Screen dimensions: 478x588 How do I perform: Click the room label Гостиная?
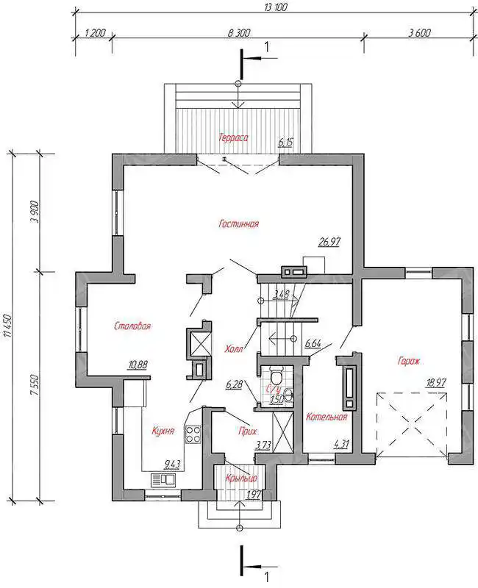point(238,224)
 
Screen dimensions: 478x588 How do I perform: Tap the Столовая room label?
point(132,326)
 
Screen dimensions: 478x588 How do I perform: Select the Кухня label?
point(163,431)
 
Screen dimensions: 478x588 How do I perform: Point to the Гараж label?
point(409,362)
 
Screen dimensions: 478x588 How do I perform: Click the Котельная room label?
point(327,417)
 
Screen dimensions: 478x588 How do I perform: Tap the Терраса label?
point(233,137)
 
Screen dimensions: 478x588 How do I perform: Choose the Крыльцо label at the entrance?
point(241,478)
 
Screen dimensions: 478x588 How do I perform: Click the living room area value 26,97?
point(329,242)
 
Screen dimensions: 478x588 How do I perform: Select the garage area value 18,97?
point(435,382)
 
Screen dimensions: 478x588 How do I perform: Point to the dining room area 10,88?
point(138,364)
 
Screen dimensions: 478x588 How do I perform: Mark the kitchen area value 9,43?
point(172,465)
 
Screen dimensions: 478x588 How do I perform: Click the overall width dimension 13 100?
point(275,7)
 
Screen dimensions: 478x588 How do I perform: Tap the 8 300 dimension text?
point(238,32)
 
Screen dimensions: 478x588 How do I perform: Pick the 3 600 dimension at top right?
point(419,32)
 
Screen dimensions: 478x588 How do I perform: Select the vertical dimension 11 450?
point(9,326)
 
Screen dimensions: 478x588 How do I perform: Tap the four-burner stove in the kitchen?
point(193,434)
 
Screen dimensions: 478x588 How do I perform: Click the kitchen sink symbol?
point(163,479)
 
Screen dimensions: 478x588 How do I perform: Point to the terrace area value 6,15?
point(285,143)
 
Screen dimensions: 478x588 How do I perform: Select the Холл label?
point(234,348)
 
